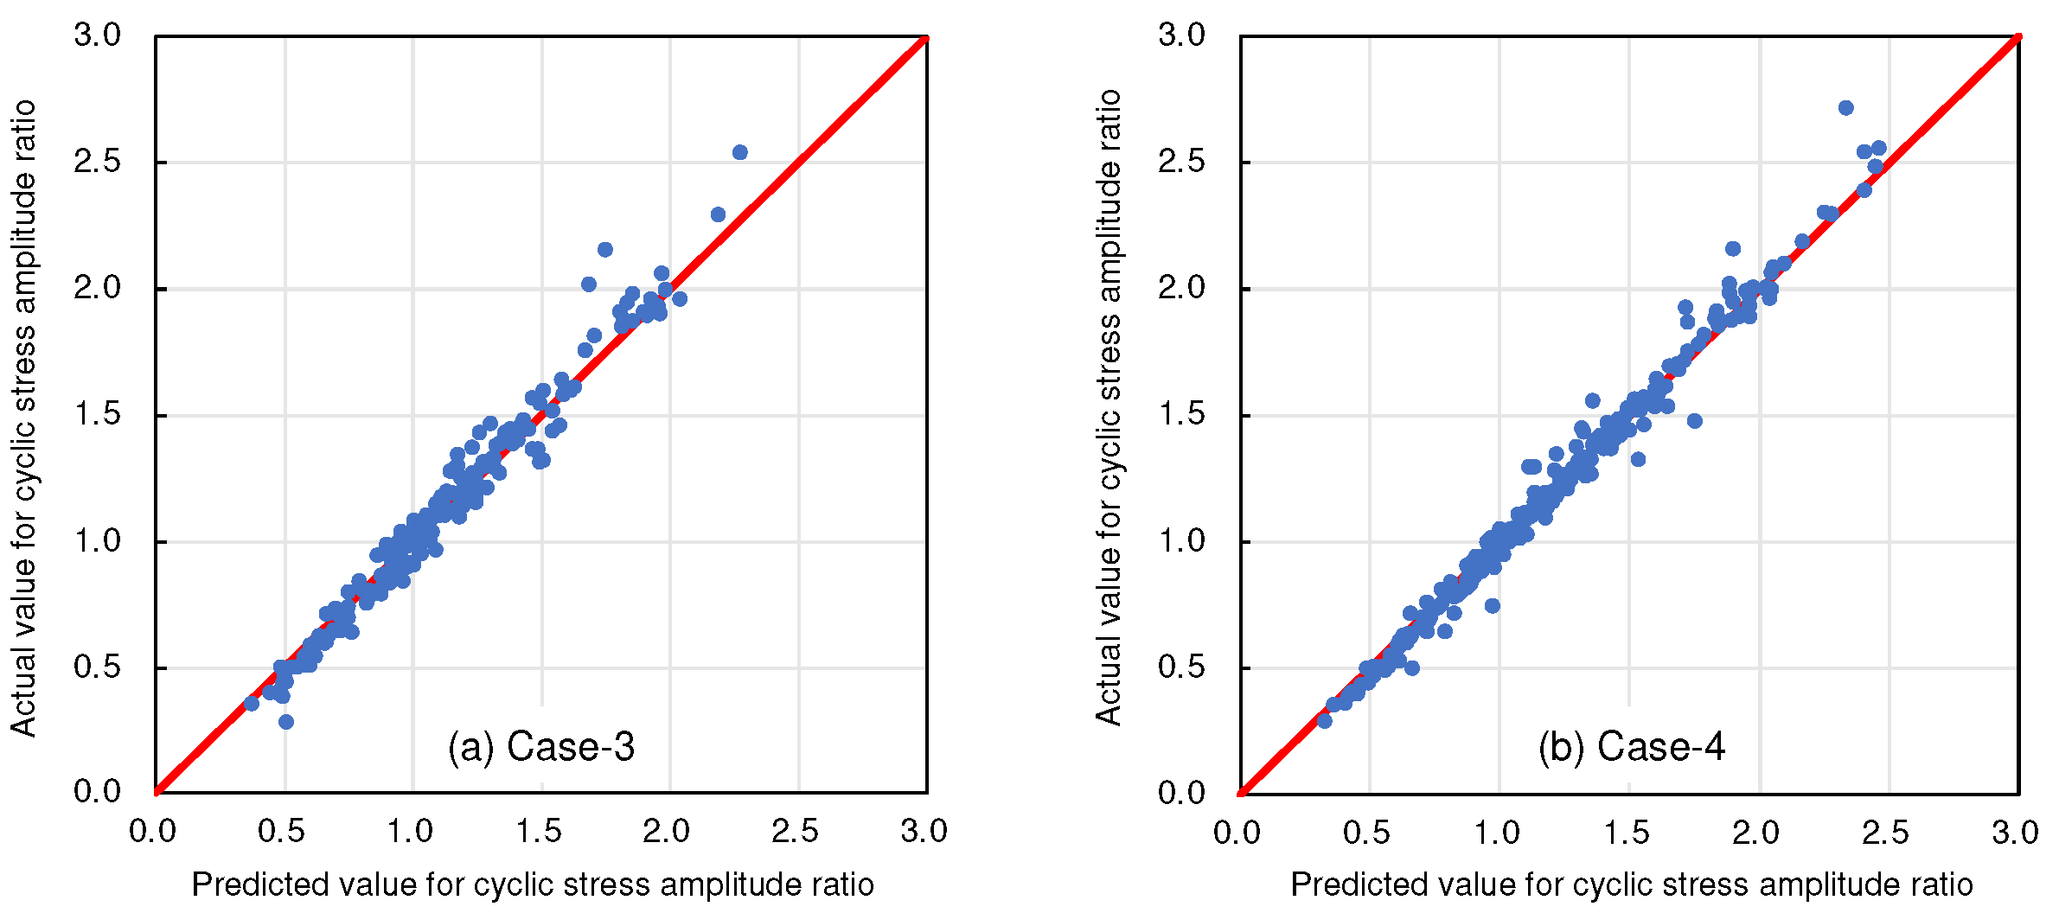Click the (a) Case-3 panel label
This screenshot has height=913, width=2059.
pos(541,747)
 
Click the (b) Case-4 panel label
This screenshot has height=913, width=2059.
pos(1631,747)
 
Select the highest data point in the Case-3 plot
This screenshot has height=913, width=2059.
pos(739,153)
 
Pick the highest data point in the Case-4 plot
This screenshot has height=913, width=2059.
pos(1845,108)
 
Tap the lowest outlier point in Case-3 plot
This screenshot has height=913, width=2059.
pos(286,722)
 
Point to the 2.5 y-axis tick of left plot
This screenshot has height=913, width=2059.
pos(97,162)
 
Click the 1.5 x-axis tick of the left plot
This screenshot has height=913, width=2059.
pos(539,832)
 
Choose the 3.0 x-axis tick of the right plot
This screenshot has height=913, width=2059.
pos(2015,832)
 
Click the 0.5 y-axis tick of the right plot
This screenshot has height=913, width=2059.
pos(1181,667)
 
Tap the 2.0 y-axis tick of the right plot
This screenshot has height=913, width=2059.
pos(1181,288)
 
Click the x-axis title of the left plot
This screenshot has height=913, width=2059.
pos(533,885)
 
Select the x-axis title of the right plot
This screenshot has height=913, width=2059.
pos(1631,885)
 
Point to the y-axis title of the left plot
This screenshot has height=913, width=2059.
pos(24,418)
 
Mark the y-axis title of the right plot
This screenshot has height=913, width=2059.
pos(1109,407)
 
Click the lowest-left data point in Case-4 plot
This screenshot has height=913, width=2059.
pos(1324,720)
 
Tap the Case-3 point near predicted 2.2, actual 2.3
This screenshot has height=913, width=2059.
pos(718,214)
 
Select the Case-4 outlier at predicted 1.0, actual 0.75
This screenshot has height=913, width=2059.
pos(1492,606)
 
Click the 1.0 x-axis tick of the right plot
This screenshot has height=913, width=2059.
pos(1497,832)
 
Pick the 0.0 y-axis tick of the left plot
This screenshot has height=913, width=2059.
pos(97,792)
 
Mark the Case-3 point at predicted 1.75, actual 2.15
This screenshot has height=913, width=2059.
pos(605,250)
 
